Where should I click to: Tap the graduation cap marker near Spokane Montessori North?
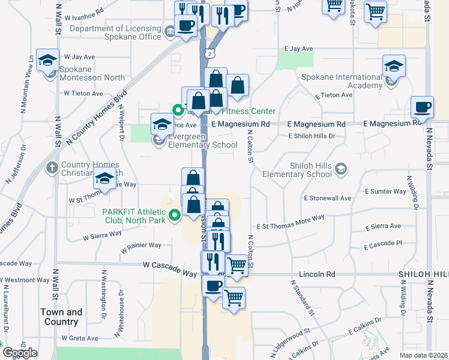(47, 61)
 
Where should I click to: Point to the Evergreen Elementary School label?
(203, 145)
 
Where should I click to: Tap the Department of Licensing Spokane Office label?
(116, 32)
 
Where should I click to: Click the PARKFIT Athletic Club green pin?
(175, 214)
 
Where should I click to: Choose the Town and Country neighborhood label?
(61, 317)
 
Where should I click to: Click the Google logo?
(19, 353)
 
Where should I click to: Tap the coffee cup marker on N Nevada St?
(423, 107)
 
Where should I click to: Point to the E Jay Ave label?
(299, 48)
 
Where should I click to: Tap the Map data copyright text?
(423, 354)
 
